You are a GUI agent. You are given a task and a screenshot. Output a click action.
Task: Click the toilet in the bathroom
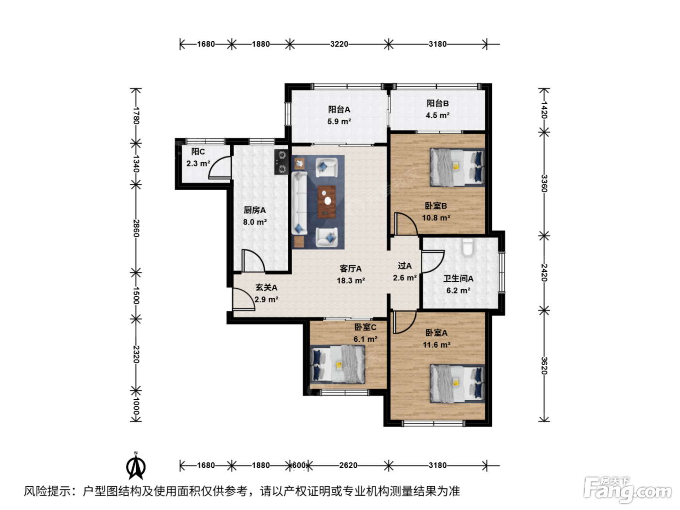coord(467,247)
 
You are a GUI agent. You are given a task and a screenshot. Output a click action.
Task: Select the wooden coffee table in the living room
coord(326,202)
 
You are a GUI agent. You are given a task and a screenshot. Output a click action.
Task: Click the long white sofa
coord(299,203)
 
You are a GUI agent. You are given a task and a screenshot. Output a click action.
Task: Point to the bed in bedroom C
coord(338,364)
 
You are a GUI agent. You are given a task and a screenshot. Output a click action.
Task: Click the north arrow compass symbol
coord(136,466)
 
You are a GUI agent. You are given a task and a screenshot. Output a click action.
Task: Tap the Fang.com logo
coord(627,490)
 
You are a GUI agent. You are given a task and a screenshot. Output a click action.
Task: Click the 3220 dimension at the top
coord(339,44)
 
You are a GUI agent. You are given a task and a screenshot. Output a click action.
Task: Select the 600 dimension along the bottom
coord(299,465)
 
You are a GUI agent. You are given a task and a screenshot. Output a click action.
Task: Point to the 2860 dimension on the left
coord(136,228)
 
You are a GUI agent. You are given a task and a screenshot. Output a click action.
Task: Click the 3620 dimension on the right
coord(544,365)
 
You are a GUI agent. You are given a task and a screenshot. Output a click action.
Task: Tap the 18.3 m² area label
coord(351,281)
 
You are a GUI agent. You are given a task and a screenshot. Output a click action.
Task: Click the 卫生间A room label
coord(458,278)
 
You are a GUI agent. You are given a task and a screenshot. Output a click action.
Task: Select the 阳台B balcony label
coord(438,103)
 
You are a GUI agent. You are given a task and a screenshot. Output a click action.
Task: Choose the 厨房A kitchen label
coord(255,210)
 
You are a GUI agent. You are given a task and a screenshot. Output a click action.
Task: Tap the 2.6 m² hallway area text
coord(405,278)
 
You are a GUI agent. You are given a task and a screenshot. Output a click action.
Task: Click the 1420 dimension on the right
coord(544,110)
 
